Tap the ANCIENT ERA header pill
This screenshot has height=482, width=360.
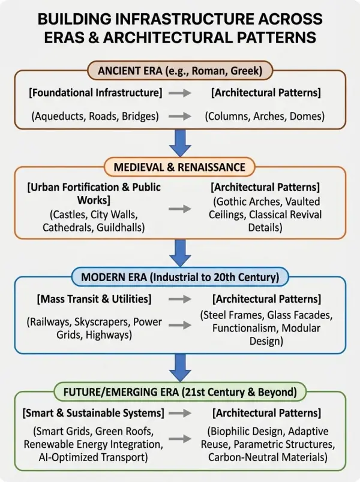(x=180, y=71)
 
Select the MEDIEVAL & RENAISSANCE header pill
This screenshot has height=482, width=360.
(x=179, y=167)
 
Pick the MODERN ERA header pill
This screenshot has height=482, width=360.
(x=180, y=277)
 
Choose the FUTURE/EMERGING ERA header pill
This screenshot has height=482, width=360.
(x=180, y=392)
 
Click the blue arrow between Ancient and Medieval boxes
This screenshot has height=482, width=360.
(x=180, y=143)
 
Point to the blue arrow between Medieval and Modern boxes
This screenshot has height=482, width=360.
(x=180, y=253)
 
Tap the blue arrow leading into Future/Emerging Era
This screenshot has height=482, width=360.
(x=180, y=368)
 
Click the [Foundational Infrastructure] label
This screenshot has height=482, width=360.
(x=95, y=92)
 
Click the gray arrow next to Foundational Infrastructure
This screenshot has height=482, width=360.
(x=180, y=92)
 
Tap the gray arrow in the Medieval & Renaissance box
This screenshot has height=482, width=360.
(x=180, y=209)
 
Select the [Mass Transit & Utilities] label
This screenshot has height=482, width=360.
(x=94, y=299)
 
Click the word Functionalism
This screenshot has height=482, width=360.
(x=245, y=328)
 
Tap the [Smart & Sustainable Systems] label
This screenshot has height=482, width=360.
(x=93, y=413)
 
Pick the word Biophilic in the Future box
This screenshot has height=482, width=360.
(x=231, y=431)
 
